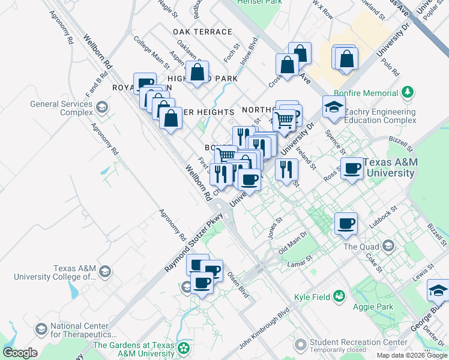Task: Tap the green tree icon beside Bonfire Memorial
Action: click(x=408, y=92)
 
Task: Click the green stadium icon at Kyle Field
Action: click(x=339, y=296)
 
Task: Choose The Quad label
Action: click(x=363, y=246)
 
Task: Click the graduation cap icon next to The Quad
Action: click(x=390, y=245)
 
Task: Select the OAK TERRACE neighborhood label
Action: click(x=202, y=32)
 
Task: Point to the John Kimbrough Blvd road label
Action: click(x=264, y=328)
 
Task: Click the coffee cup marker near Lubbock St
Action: click(x=346, y=224)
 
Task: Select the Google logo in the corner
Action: click(x=20, y=353)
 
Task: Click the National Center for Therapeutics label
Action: click(x=82, y=329)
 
